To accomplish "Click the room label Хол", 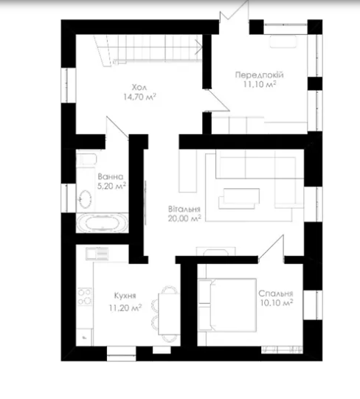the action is click(x=139, y=88).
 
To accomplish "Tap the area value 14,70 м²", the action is click(x=139, y=97).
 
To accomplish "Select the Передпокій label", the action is click(x=260, y=75).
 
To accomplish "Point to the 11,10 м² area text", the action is click(x=260, y=84).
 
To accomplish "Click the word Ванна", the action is click(x=111, y=176).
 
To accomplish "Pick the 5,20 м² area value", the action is click(x=112, y=186).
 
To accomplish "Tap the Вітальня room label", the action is click(x=184, y=209).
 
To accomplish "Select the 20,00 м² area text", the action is click(x=184, y=218).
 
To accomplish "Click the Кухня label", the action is click(x=125, y=296).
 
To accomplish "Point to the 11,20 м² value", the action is click(x=125, y=308).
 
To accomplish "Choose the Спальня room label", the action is click(x=276, y=294).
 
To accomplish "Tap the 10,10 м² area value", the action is click(x=276, y=303).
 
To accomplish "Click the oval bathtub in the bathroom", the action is click(x=102, y=223).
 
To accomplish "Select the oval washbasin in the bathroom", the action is click(x=85, y=199).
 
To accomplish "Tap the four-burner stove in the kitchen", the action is click(x=85, y=297).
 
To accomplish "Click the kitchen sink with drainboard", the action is click(x=97, y=254).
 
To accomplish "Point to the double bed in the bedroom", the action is click(x=227, y=305).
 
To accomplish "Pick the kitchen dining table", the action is click(x=168, y=314).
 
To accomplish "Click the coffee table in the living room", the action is click(x=239, y=198).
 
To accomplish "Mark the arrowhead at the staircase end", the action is click(x=199, y=46).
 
